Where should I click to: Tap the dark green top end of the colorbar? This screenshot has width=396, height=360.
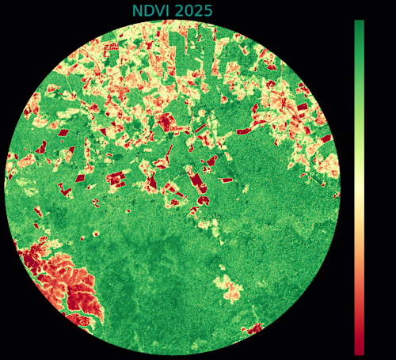coord(359,25)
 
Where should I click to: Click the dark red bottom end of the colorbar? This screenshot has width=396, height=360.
coord(359,350)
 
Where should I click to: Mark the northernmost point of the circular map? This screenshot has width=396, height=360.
coord(173,21)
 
